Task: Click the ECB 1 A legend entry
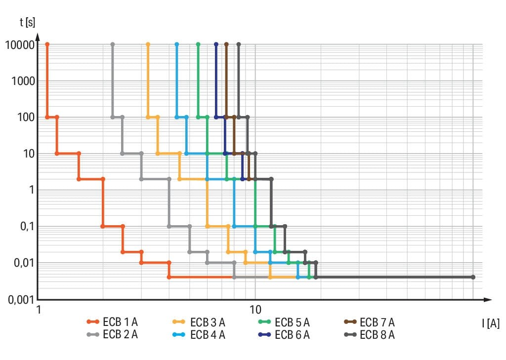pyautogui.click(x=112, y=322)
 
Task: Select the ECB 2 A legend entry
pyautogui.click(x=112, y=334)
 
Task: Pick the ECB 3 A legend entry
pyautogui.click(x=199, y=322)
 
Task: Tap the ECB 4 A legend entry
pyautogui.click(x=199, y=334)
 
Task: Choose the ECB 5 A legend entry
pyautogui.click(x=284, y=322)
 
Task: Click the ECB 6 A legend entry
pyautogui.click(x=284, y=334)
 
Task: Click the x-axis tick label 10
pyautogui.click(x=255, y=309)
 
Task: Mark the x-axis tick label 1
pyautogui.click(x=39, y=309)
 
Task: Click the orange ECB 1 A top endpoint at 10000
pyautogui.click(x=47, y=44)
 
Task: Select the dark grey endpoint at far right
pyautogui.click(x=473, y=277)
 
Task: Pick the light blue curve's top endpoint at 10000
pyautogui.click(x=177, y=44)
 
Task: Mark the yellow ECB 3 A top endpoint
pyautogui.click(x=148, y=44)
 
